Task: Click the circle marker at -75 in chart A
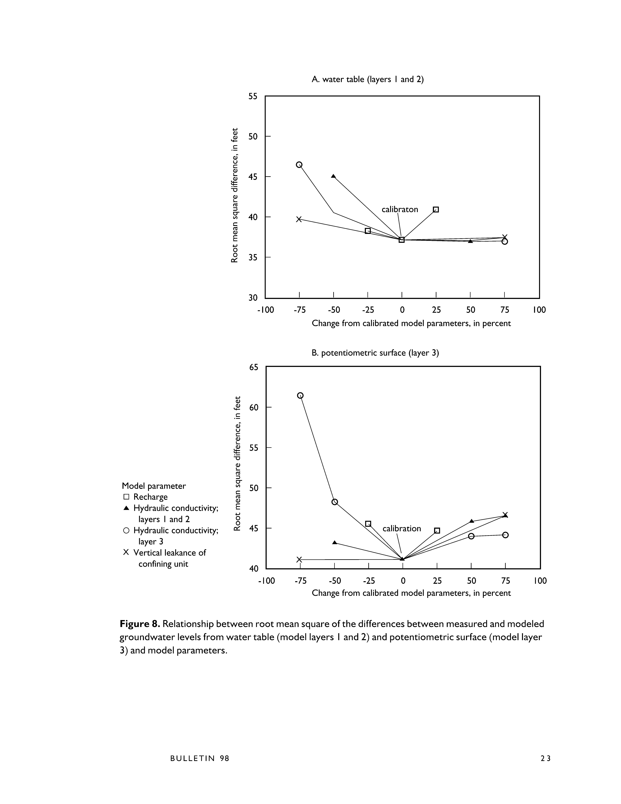299,165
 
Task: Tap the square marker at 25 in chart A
436,210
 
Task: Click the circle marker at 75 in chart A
505,241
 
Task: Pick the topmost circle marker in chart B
300,395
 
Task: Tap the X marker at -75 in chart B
299,560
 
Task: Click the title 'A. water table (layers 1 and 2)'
367,80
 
